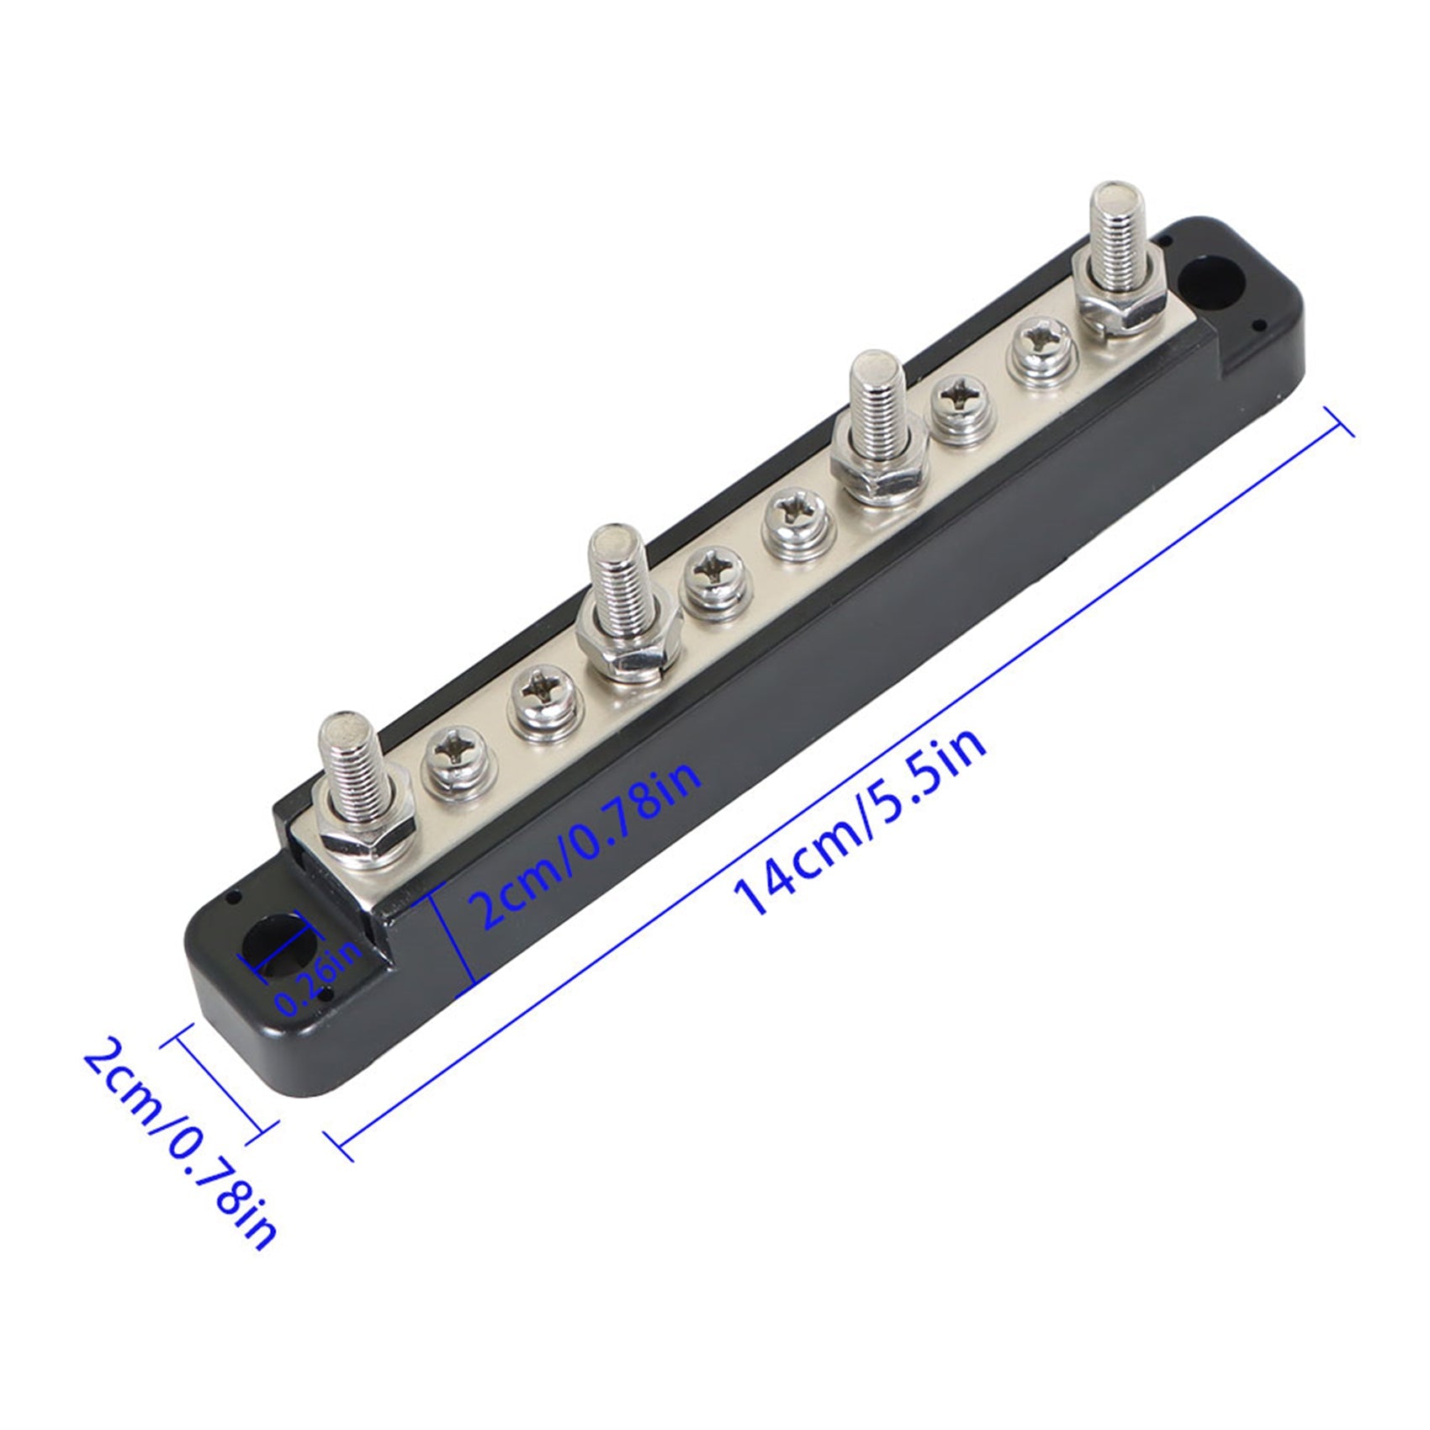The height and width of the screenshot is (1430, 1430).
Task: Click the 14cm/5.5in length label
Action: click(860, 821)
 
